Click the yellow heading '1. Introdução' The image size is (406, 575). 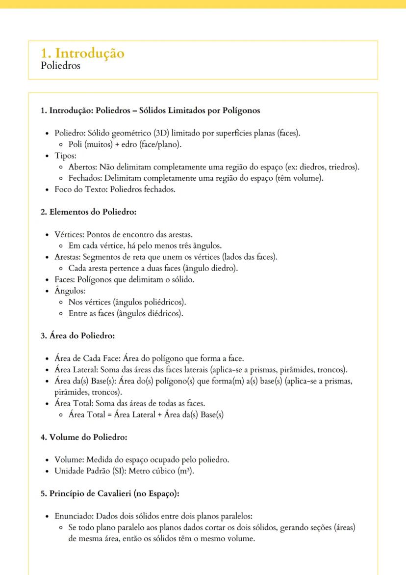pyautogui.click(x=82, y=53)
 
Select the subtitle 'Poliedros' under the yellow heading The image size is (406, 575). pyautogui.click(x=61, y=66)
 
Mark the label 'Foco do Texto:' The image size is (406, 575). pyautogui.click(x=79, y=189)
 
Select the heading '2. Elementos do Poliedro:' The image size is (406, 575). pyautogui.click(x=88, y=212)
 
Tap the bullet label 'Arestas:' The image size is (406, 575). pyautogui.click(x=68, y=257)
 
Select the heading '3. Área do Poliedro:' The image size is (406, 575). pyautogui.click(x=77, y=336)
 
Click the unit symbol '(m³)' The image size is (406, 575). pyautogui.click(x=185, y=471)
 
